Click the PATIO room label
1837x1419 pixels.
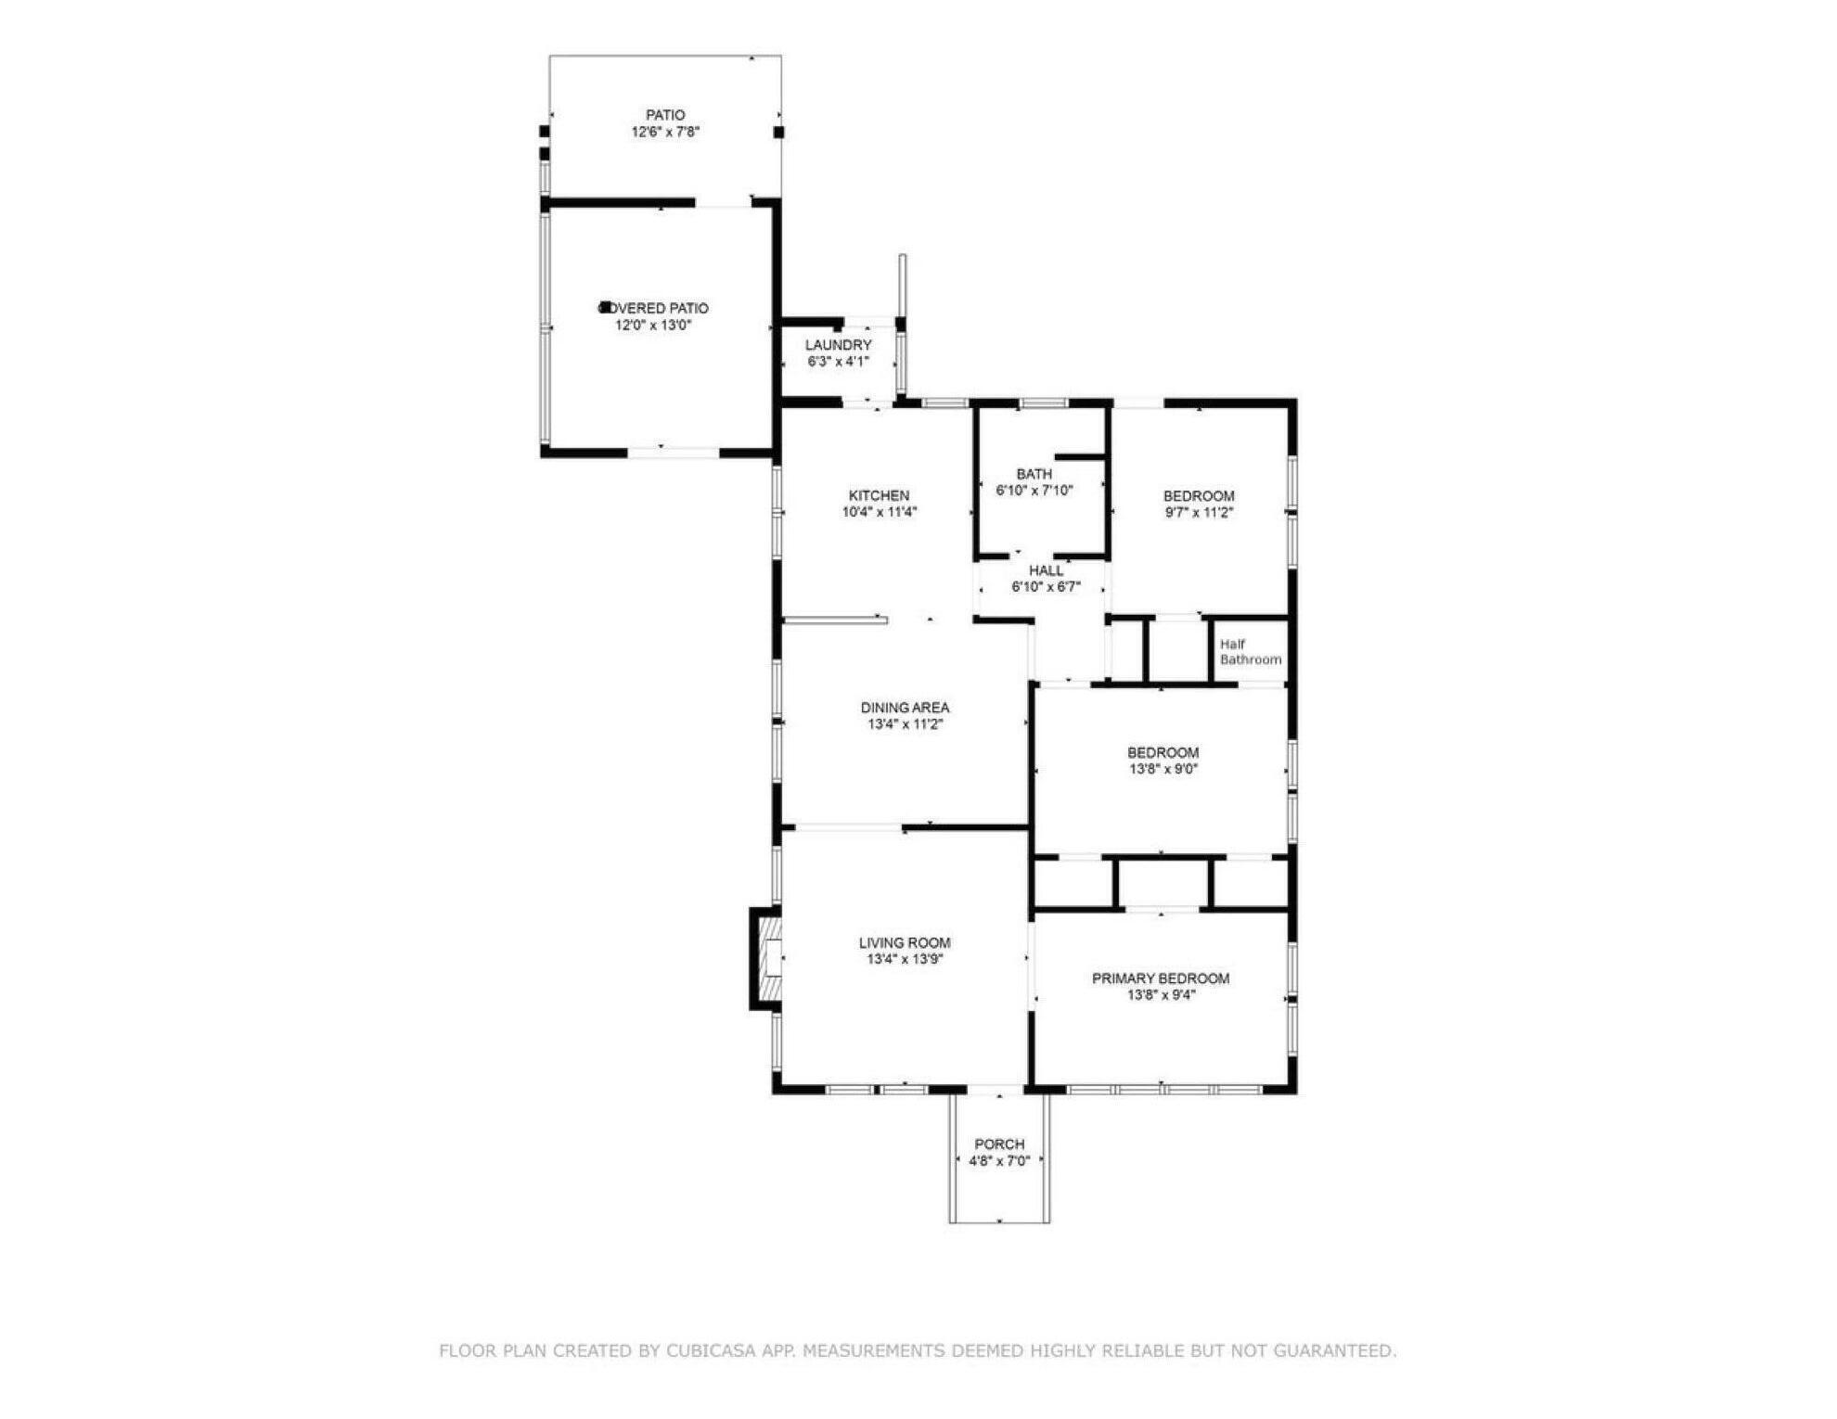coord(665,115)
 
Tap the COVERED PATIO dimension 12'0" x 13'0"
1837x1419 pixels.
coord(653,326)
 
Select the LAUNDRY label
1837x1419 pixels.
coord(838,345)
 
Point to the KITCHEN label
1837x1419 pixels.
coord(879,495)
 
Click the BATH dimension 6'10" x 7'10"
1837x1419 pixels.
coord(1034,491)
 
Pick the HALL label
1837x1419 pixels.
coord(1046,570)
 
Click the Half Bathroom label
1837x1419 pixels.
coord(1250,652)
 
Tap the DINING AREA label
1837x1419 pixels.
coord(905,708)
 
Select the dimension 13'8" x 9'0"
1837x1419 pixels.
coord(1163,769)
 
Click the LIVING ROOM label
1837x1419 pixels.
coord(905,943)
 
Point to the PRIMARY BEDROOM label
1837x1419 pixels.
coord(1161,978)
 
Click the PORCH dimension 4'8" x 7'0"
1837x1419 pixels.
coord(999,1161)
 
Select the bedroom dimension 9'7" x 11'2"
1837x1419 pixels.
coord(1198,512)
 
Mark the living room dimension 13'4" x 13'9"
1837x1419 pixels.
coord(905,960)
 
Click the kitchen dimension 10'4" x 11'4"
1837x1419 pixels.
coord(879,512)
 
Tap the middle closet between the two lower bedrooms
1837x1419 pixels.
coord(1163,884)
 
